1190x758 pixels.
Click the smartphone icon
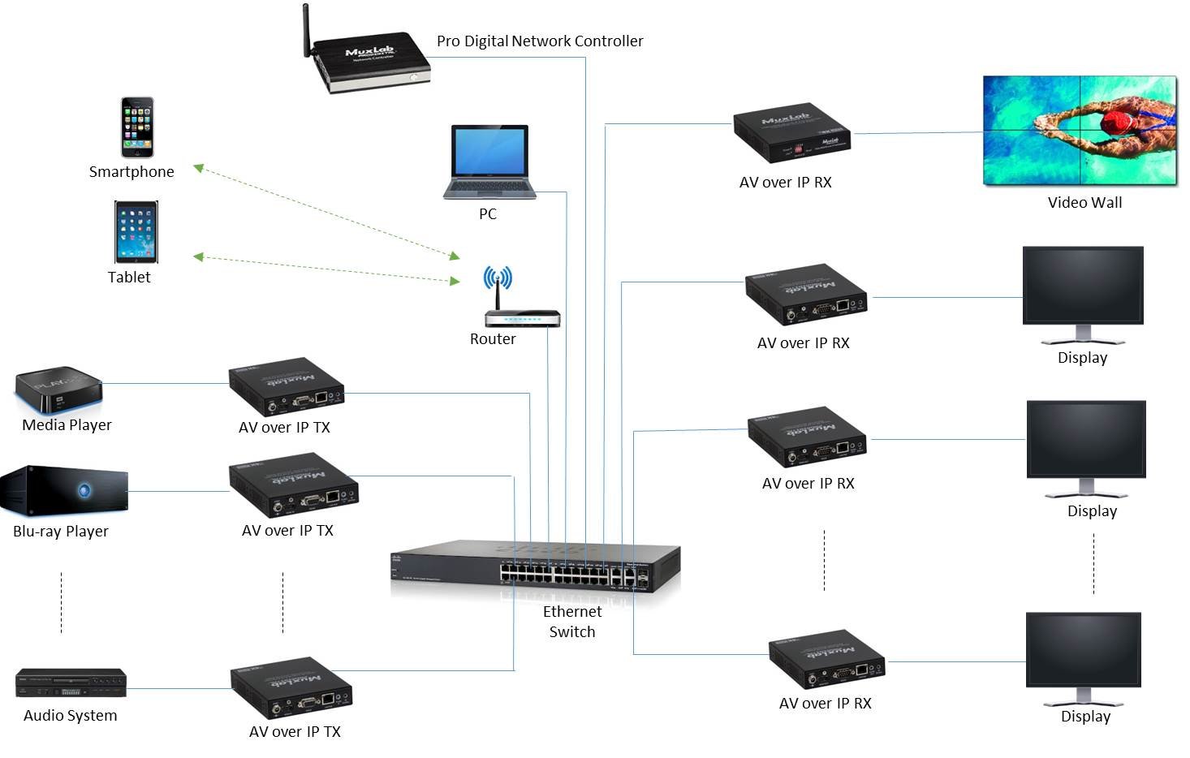(x=137, y=127)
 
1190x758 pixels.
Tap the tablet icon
(x=136, y=232)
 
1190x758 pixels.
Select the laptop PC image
(x=489, y=161)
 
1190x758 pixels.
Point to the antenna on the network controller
(x=307, y=31)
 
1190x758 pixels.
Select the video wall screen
(x=1080, y=131)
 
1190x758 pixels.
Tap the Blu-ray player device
(x=63, y=490)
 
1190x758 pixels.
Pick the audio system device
(x=71, y=683)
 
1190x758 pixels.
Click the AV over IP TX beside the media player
(x=286, y=386)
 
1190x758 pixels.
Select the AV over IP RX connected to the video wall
(x=791, y=134)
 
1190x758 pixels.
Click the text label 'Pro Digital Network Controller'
(x=540, y=41)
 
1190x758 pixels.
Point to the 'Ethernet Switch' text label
(x=572, y=622)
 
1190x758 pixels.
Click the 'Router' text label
(x=493, y=339)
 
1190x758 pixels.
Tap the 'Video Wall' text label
(x=1084, y=203)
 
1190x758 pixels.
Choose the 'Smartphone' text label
(x=132, y=172)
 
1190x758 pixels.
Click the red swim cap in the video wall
(x=1117, y=123)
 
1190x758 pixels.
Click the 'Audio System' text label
(x=71, y=716)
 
